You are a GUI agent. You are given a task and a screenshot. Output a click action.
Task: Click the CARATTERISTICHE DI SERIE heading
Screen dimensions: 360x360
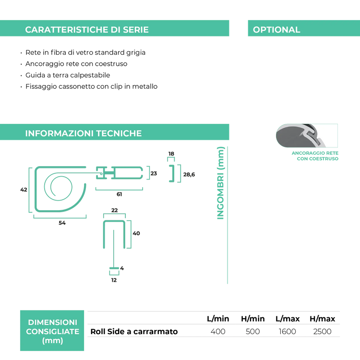87,30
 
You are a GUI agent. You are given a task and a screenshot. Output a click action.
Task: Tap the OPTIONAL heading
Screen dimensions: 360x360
276,30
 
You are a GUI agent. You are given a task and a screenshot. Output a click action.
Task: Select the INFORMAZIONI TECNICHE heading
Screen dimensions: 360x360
84,133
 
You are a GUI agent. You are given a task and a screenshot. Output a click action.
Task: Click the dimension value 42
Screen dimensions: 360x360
24,190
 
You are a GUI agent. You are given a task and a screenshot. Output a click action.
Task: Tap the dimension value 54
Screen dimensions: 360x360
62,223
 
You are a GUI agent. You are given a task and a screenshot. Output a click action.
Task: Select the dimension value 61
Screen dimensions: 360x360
119,194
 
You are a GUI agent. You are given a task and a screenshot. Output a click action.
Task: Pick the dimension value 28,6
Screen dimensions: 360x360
189,175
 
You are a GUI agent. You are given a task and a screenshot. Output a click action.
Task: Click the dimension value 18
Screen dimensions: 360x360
171,154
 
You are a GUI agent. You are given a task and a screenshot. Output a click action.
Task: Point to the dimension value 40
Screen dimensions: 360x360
136,233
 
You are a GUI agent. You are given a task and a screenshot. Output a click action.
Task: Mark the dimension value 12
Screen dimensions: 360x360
114,280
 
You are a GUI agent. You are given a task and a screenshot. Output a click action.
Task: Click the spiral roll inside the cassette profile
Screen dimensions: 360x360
58,187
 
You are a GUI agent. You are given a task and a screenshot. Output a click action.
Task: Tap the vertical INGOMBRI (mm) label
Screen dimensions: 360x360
220,183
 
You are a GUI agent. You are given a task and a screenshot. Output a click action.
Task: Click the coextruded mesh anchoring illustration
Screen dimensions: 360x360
307,135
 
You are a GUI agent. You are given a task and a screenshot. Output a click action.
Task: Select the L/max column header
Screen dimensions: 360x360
288,319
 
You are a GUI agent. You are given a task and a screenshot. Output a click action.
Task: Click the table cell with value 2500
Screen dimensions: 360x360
323,332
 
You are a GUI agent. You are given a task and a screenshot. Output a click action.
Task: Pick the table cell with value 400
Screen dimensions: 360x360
218,332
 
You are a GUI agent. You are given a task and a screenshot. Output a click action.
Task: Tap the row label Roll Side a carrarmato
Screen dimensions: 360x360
134,332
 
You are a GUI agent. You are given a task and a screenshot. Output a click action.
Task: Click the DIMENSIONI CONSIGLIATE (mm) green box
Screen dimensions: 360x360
52,331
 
